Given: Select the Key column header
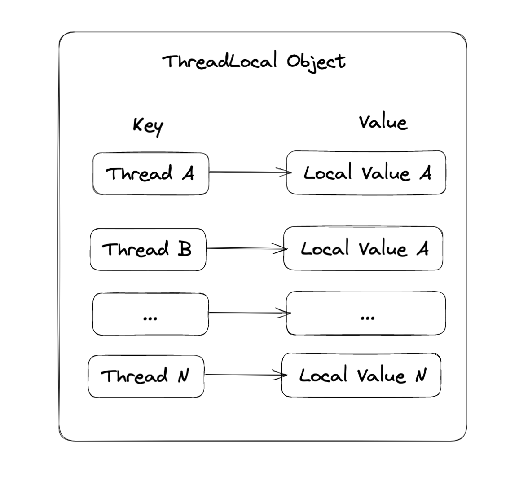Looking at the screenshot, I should click(x=148, y=126).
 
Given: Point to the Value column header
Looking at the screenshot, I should click(x=383, y=122).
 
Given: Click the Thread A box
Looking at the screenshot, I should click(x=151, y=173).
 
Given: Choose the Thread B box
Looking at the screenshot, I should click(x=148, y=249).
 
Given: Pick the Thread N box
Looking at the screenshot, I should click(x=146, y=376).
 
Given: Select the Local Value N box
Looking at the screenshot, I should click(x=361, y=375).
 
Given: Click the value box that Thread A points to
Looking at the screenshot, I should click(x=366, y=172).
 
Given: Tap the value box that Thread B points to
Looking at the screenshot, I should click(x=363, y=248).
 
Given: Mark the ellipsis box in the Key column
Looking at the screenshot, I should click(x=150, y=314).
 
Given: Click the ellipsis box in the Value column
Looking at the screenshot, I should click(x=366, y=313).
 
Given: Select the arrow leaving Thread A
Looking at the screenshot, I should click(x=247, y=172).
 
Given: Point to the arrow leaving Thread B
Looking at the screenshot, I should click(x=245, y=248).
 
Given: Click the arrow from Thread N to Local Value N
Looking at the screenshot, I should click(x=243, y=375).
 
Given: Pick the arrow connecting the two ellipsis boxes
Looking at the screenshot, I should click(x=247, y=313).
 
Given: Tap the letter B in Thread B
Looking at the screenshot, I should click(x=184, y=249).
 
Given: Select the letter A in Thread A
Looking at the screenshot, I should click(x=188, y=173).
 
